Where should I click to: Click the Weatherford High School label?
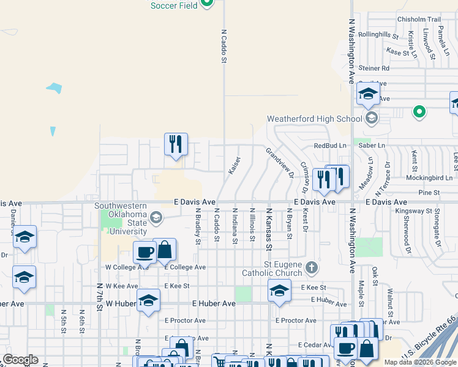[315, 119]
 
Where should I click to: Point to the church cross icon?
[312, 267]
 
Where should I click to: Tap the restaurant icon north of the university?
[176, 144]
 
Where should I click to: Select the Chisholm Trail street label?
[419, 20]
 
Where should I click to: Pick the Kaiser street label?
[234, 166]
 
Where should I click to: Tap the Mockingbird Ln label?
[429, 177]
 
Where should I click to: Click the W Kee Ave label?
[119, 286]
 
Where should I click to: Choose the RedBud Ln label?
[329, 146]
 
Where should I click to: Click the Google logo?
[20, 360]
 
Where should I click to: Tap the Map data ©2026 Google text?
[420, 362]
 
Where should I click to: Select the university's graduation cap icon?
[156, 217]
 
